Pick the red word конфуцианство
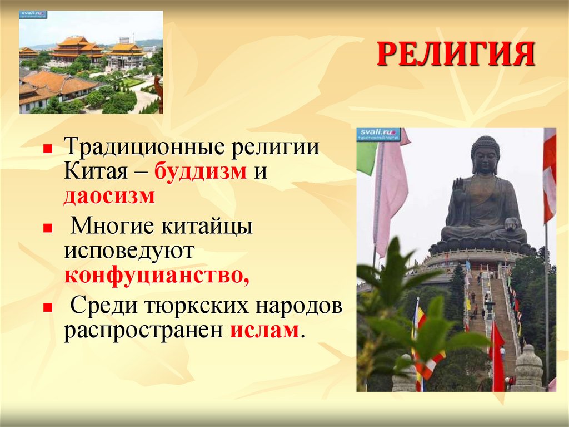(156, 275)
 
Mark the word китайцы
(207, 227)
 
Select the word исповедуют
(129, 251)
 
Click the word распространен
(143, 331)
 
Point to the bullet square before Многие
(48, 229)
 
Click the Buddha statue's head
(486, 155)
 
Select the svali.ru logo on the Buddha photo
(379, 135)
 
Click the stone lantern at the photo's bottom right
(528, 369)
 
